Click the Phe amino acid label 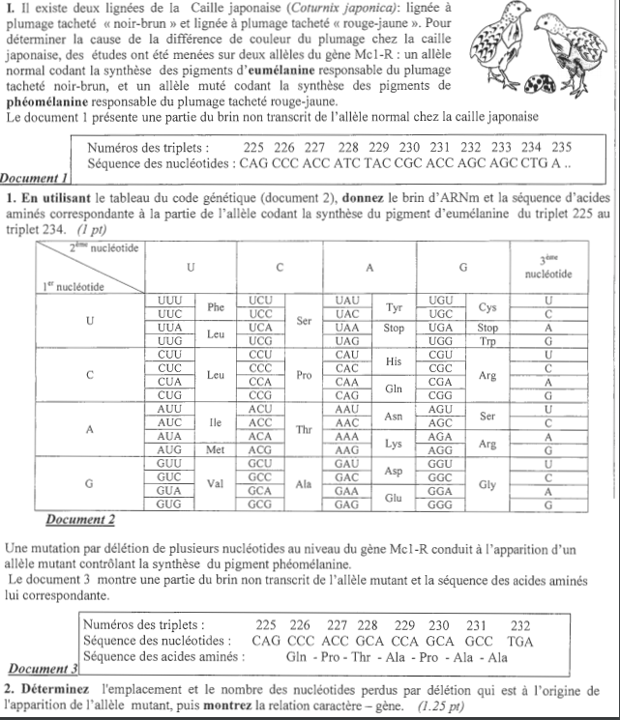click(216, 307)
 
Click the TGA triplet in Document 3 click(519, 640)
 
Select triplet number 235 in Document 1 click(561, 148)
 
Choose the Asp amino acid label click(394, 471)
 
